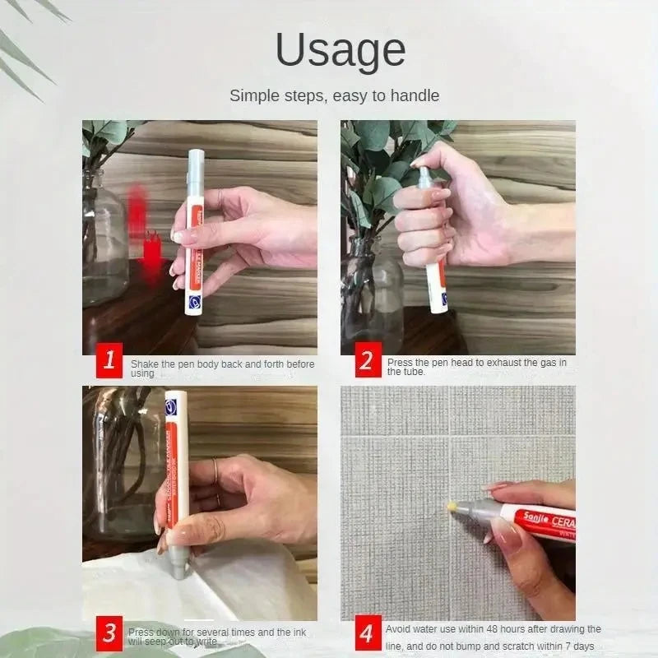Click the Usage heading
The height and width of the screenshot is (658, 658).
pos(340,51)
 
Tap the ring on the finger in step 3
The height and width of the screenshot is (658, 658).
pos(215,471)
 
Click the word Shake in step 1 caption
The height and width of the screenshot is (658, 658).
pos(146,363)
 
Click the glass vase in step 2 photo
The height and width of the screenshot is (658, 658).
pos(373,288)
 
